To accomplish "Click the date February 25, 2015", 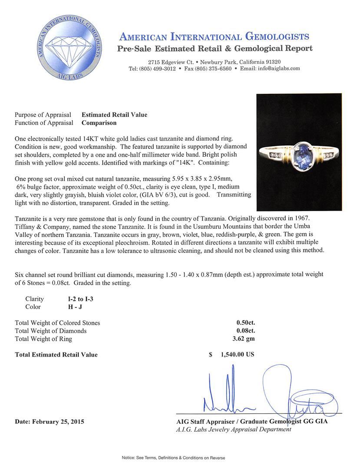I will pos(50,421).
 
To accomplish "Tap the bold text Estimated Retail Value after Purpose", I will pos(114,115).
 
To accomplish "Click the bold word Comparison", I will pos(99,122).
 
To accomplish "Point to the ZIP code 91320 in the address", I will pos(272,62).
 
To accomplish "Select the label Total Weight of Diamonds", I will pos(50,331).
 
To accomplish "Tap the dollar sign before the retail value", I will pos(210,354).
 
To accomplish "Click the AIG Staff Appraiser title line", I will pos(252,421).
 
